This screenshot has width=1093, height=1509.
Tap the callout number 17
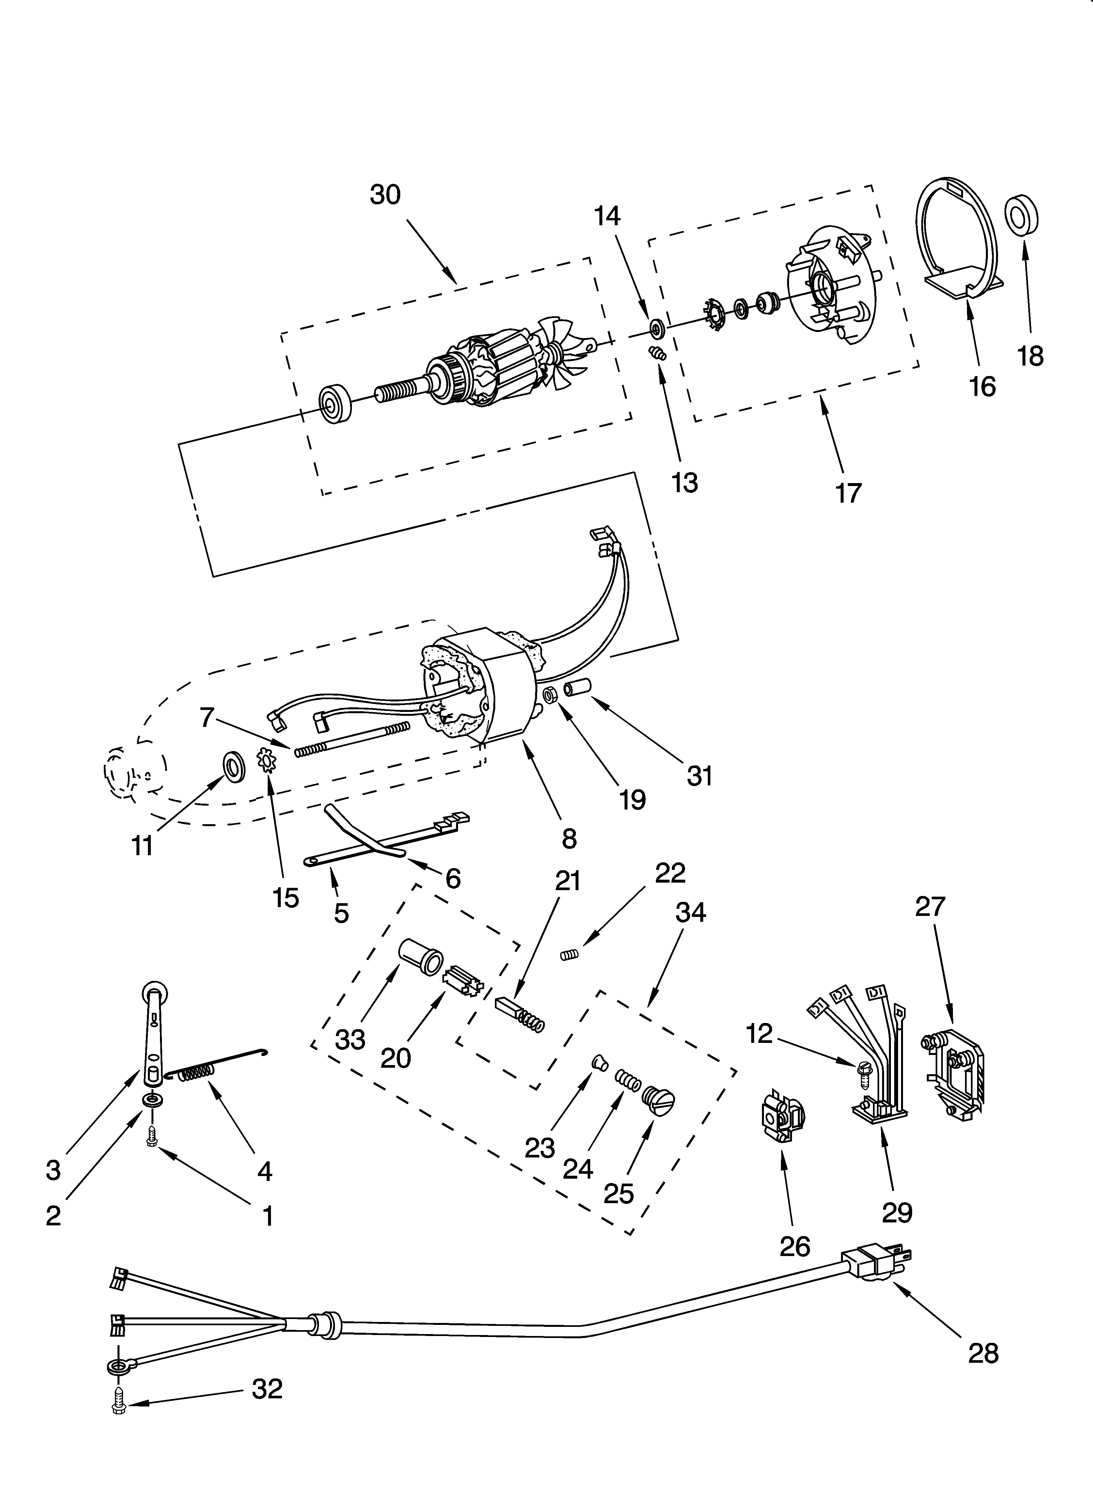pos(848,493)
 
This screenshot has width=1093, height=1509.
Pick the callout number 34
pos(690,912)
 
